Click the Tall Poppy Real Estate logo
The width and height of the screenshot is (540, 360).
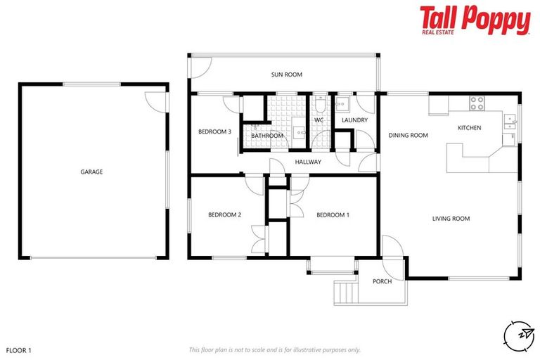point(475,20)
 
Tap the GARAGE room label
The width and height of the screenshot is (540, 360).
point(91,172)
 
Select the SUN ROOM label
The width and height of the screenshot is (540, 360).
point(287,74)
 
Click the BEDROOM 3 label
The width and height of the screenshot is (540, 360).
point(214,131)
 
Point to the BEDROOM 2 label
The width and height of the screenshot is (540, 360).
point(225,215)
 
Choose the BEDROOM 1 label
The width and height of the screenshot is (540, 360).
point(333,215)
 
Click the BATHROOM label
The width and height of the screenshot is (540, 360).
point(267,136)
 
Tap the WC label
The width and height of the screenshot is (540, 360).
point(319,120)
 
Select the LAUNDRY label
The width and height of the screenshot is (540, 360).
point(355,120)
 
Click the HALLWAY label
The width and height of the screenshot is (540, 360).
point(308,162)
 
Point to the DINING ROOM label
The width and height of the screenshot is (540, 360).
point(409,136)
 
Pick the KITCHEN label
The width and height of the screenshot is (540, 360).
point(469,128)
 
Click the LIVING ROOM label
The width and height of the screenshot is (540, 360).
point(451,219)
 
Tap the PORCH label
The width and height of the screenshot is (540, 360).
point(382,282)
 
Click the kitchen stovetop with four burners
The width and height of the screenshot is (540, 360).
point(477,103)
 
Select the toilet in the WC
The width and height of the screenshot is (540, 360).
point(319,106)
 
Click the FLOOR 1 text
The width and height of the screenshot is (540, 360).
point(19,349)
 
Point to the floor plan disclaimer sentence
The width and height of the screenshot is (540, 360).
point(275,349)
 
